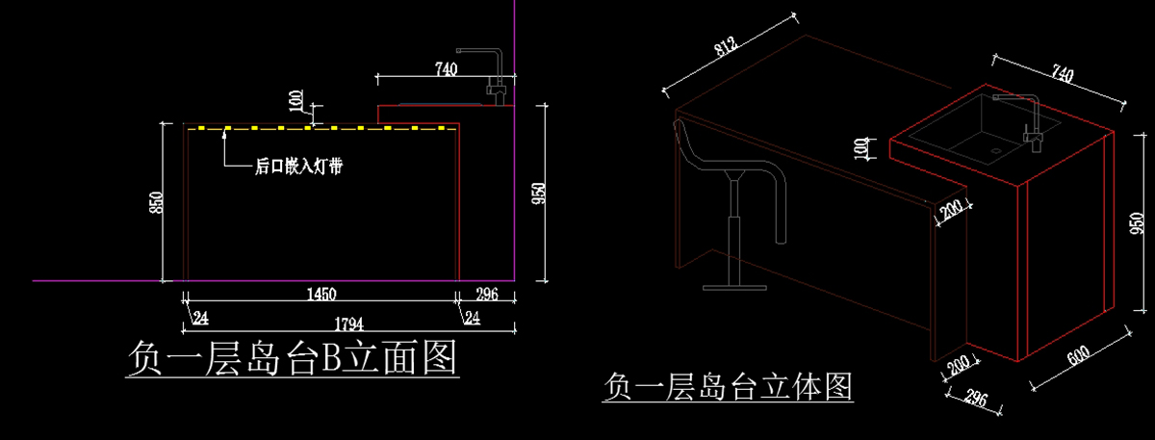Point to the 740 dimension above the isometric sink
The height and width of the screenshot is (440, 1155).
(1062, 73)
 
